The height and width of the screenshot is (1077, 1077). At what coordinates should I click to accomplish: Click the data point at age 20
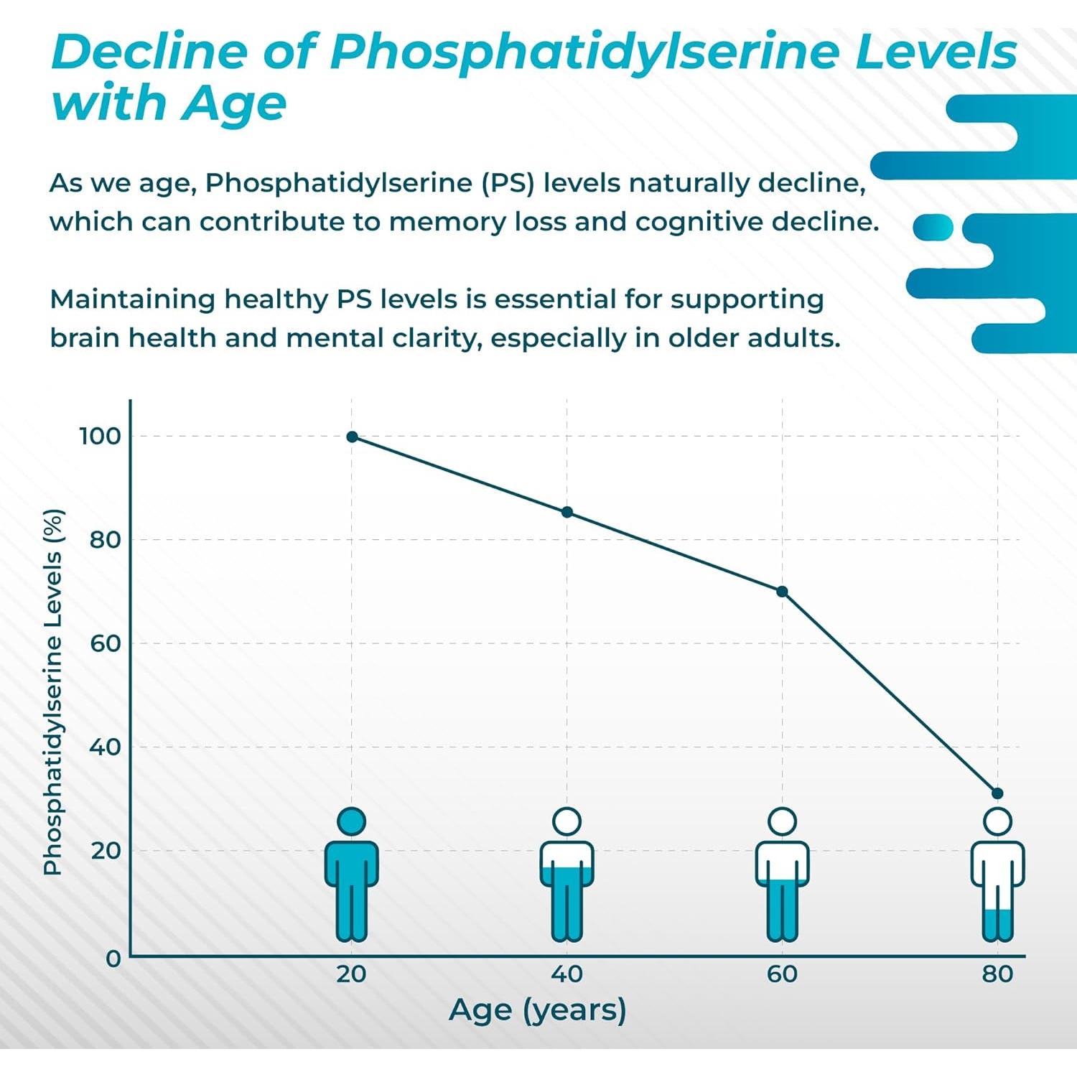352,437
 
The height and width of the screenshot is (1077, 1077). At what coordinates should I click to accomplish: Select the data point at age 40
567,512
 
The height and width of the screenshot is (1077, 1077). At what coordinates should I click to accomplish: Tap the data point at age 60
783,592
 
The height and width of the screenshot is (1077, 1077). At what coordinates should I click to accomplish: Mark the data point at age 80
997,793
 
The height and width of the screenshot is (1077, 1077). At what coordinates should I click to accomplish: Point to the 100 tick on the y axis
100,436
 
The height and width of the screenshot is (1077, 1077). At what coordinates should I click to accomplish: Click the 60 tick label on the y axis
105,643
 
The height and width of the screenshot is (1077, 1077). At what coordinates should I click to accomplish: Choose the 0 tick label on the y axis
113,959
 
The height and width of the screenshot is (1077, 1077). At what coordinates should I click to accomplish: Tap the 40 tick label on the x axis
567,974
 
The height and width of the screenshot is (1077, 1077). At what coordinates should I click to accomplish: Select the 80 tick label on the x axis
997,974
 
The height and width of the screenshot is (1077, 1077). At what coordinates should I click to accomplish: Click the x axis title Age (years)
537,1010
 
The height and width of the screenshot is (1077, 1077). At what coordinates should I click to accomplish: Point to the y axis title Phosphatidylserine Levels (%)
53,692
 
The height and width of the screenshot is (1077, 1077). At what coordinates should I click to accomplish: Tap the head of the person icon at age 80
997,821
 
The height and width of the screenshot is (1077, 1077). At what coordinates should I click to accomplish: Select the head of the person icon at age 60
783,821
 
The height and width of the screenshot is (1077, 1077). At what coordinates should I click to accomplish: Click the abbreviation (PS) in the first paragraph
508,183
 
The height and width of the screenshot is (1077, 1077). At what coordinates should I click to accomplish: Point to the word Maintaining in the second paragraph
132,299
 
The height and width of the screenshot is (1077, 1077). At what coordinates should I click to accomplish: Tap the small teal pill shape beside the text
933,227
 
